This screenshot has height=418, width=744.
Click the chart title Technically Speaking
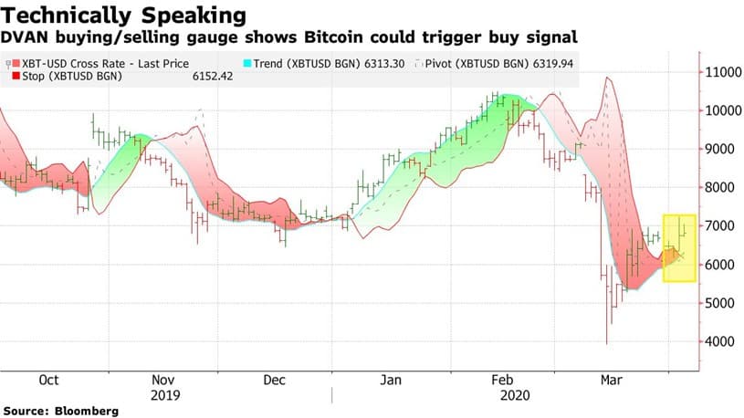[x=124, y=16]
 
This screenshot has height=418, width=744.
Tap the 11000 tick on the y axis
[x=721, y=71]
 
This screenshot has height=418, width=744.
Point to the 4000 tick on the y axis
[x=718, y=342]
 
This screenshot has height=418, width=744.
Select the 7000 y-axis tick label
[x=718, y=226]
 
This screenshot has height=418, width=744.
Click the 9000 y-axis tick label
[x=718, y=149]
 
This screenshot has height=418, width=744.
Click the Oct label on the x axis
[x=49, y=380]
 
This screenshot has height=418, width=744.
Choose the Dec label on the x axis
[x=276, y=380]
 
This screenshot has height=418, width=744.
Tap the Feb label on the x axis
[x=503, y=380]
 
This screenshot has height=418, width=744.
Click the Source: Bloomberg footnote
[x=59, y=412]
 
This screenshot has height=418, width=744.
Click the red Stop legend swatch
[x=16, y=77]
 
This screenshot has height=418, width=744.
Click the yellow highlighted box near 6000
[x=679, y=249]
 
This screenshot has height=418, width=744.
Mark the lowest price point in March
[x=607, y=343]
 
